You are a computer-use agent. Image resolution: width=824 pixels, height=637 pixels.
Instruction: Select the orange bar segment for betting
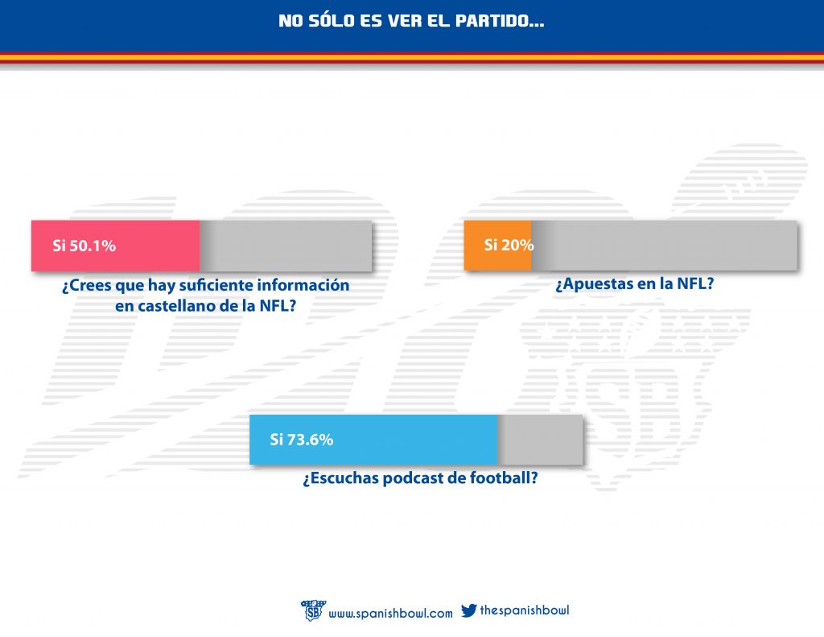tap(497, 245)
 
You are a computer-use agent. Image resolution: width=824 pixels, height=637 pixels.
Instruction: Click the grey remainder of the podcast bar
tap(541, 440)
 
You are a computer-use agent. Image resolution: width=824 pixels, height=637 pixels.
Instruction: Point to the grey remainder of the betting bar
tap(664, 245)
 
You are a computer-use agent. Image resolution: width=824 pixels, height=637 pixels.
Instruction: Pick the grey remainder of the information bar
tap(286, 246)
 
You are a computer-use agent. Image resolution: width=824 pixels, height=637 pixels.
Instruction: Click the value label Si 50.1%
tap(84, 246)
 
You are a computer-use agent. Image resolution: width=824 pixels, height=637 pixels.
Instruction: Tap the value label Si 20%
tap(508, 245)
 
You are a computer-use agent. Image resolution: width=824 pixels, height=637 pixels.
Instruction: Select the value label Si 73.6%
tap(301, 440)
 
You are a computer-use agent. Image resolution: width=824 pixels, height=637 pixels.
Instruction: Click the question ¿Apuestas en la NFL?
tap(635, 283)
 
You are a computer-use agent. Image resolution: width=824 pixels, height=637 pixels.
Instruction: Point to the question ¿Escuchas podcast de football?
tap(420, 478)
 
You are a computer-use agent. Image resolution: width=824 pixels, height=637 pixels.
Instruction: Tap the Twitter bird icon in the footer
tap(468, 611)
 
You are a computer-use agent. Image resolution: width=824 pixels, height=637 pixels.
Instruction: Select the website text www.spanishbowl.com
tap(391, 614)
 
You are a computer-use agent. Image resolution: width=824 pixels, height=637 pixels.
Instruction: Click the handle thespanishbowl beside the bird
tap(524, 610)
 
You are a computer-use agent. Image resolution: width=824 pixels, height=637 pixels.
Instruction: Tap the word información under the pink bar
tap(303, 285)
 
